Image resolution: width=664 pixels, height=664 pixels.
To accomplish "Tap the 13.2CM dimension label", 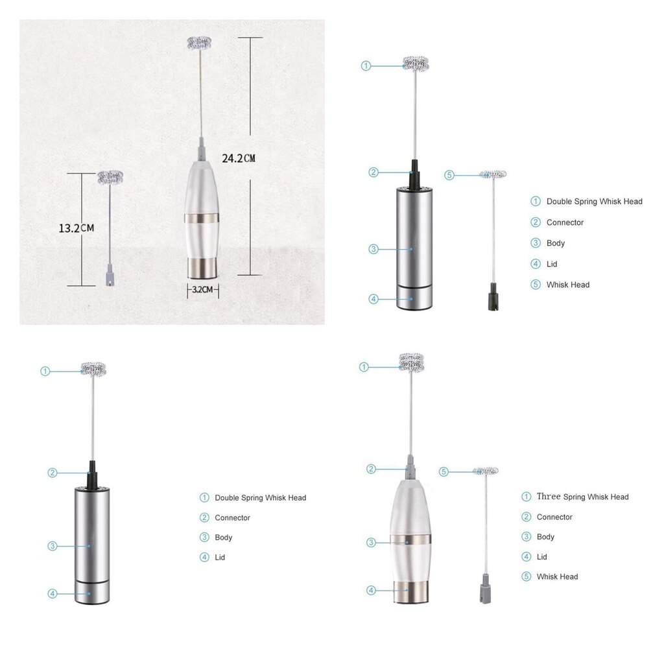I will coord(77,228).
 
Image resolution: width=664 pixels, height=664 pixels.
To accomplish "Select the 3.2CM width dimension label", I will coord(202,289).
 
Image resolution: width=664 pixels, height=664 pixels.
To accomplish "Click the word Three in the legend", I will coord(549,497).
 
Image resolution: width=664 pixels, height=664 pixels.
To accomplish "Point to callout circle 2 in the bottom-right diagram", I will coord(372,469).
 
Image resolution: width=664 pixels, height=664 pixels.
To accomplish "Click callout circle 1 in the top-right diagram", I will coord(366,65).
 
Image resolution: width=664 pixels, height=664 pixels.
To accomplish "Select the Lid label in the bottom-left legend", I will coord(220,557).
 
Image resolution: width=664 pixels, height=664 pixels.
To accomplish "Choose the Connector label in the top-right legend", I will coord(565,222).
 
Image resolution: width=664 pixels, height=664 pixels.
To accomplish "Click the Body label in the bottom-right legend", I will coord(545,537).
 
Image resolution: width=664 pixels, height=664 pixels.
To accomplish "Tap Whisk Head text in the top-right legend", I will coord(567,285).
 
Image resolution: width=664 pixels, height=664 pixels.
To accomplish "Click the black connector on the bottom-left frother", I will coord(93,477).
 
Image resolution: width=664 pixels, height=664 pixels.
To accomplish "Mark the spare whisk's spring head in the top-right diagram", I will coord(493,174).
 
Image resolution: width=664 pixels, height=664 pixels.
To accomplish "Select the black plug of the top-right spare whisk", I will coord(493,300).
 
